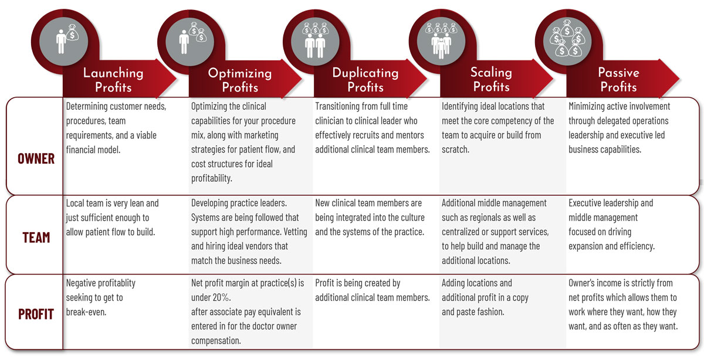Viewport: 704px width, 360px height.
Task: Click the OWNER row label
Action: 36,159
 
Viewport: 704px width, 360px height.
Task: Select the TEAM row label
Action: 36,238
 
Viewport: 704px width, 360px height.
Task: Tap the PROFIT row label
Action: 36,314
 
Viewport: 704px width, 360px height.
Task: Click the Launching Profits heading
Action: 113,80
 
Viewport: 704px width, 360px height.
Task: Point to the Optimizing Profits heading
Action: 240,80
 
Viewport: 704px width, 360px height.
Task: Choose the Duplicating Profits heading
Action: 365,80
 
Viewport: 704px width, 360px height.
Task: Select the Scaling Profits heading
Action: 491,80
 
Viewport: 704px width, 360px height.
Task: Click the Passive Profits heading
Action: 618,80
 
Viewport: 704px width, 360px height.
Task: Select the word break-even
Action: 86,312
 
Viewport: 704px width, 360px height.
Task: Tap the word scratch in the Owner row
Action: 455,150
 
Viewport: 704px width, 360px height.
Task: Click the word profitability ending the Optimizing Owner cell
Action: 212,178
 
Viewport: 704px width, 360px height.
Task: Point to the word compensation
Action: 216,341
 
